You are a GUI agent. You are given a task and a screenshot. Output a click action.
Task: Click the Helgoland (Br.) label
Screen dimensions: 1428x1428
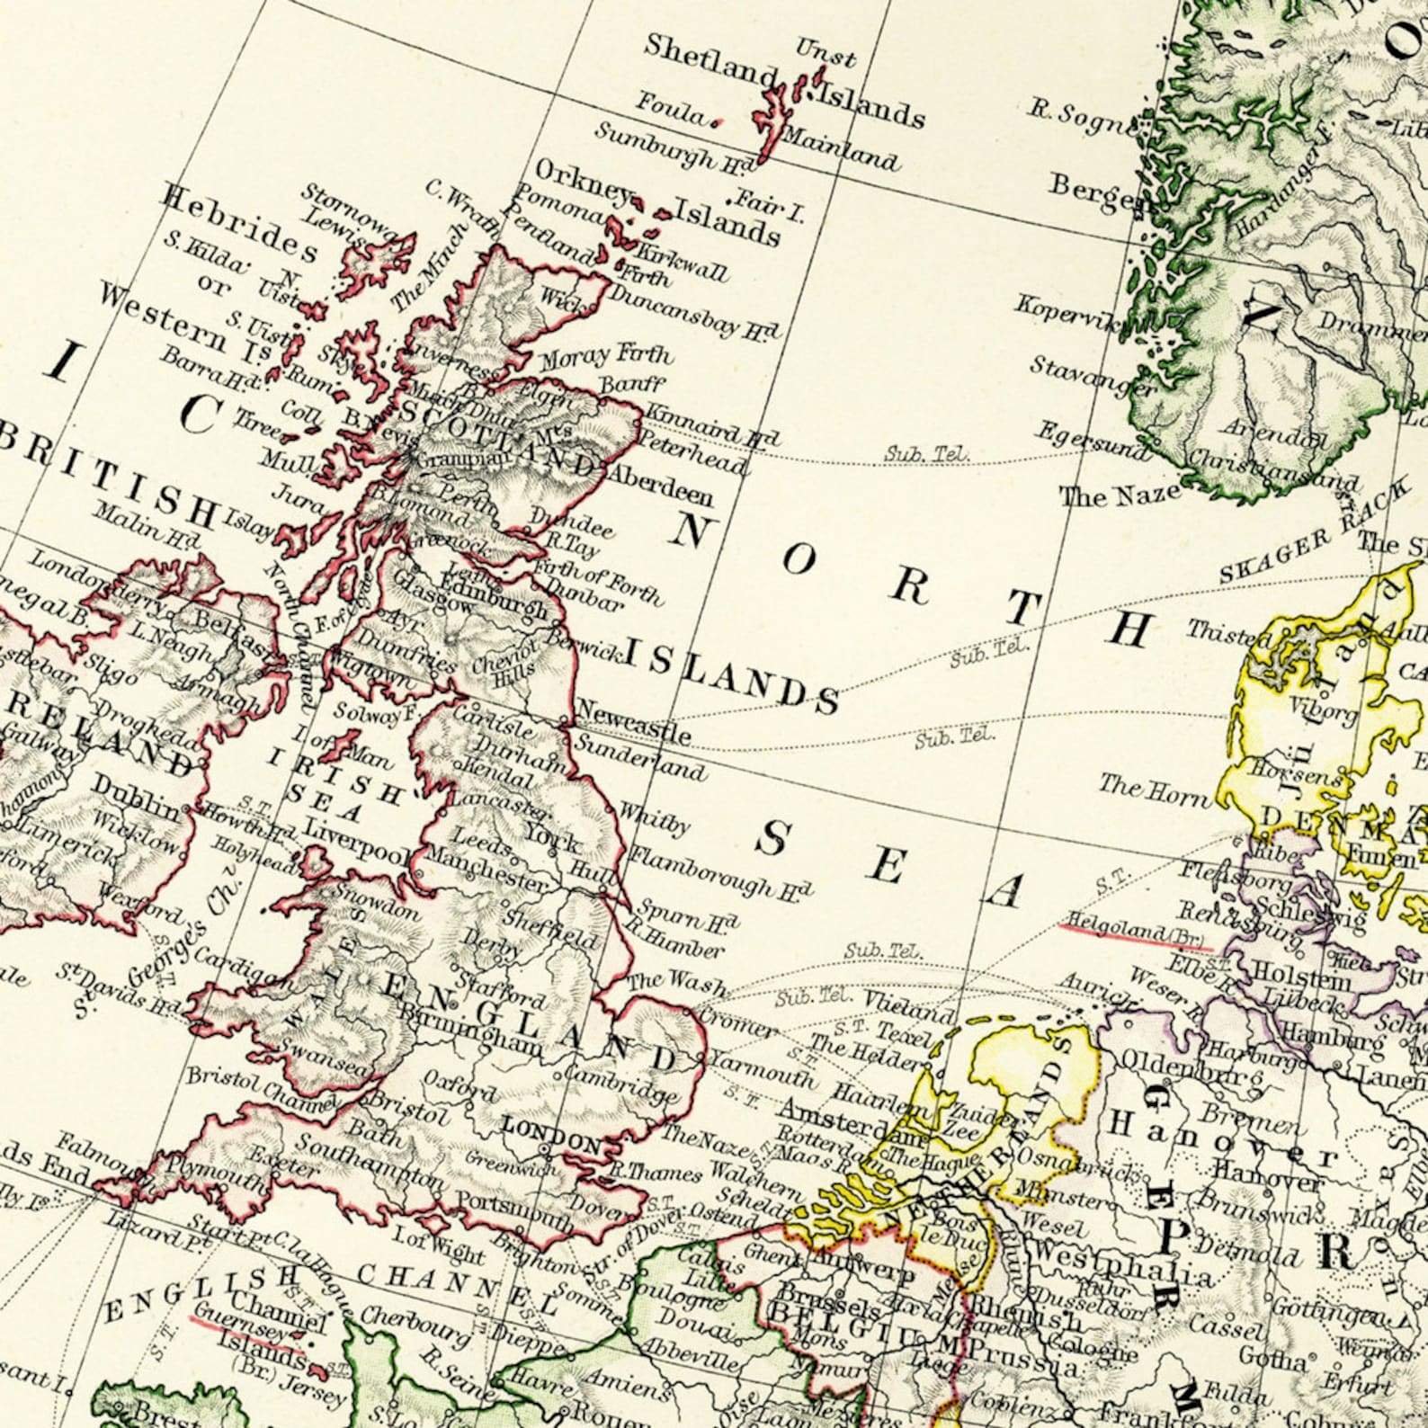(x=1134, y=935)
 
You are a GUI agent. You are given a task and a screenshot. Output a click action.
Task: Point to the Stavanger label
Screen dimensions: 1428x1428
(x=1092, y=378)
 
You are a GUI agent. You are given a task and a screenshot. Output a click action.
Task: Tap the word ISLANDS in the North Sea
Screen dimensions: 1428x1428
(x=732, y=676)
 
